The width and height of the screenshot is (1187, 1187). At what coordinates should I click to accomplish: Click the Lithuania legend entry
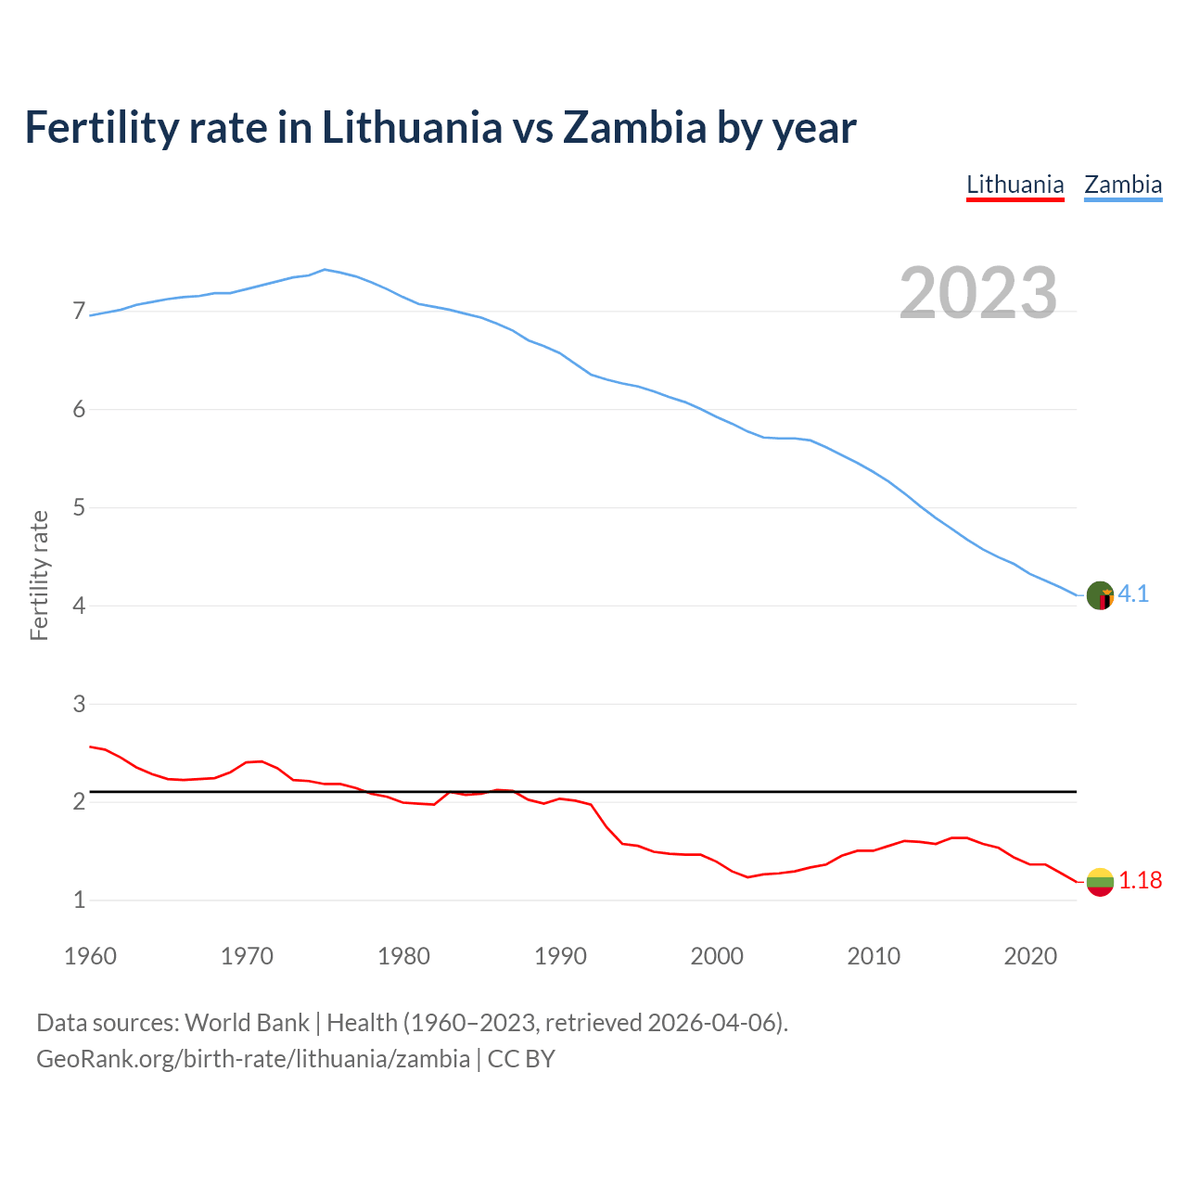pos(1015,185)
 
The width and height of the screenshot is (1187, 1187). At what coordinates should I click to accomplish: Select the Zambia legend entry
pos(1123,185)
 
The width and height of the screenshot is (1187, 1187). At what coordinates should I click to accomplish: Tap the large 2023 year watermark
pos(978,293)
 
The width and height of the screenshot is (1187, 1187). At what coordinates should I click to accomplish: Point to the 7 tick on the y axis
pos(79,312)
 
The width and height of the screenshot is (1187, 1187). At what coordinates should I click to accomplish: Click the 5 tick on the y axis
pos(79,508)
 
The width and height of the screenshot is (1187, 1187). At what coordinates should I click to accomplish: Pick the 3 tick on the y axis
pos(79,704)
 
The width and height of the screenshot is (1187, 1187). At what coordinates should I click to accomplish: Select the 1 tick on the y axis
pos(79,900)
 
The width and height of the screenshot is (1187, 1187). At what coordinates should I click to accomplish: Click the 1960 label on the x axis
pos(90,956)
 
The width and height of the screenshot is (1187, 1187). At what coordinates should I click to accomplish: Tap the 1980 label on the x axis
pos(403,956)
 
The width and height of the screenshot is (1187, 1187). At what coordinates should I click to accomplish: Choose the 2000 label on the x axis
pos(717,956)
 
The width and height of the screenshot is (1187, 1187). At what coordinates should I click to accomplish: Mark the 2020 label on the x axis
pos(1030,956)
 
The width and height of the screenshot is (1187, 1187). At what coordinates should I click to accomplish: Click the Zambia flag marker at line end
pos(1100,595)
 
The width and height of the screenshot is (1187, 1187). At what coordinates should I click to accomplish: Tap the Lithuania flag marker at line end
pos(1100,882)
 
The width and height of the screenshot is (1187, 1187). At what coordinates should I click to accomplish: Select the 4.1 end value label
pos(1133,594)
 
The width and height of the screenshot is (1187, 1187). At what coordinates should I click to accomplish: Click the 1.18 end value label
pos(1140,881)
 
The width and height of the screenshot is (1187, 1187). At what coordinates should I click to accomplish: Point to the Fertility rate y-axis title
pos(39,575)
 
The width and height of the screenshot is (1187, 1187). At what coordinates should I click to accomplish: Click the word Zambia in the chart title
pos(634,127)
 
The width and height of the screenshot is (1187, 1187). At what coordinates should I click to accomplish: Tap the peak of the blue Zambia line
pos(324,269)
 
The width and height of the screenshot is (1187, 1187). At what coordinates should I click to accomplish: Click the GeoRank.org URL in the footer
pos(253,1059)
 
